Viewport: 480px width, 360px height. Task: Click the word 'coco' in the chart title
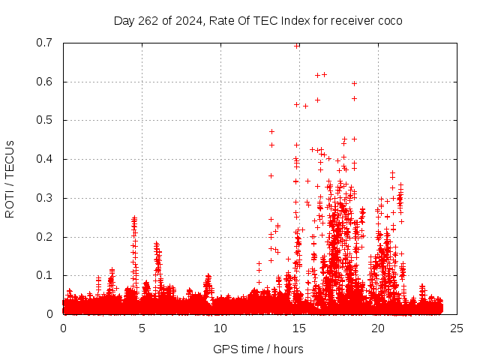[390, 20]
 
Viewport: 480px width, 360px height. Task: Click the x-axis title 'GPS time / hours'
[258, 349]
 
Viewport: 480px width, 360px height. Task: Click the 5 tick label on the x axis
[142, 328]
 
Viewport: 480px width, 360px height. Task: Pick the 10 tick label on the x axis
[220, 328]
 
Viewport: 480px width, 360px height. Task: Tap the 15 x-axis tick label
[299, 328]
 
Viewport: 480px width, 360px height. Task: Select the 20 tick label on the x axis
[378, 328]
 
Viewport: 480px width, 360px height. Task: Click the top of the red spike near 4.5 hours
[134, 217]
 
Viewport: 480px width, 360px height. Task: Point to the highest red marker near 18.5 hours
[354, 83]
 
